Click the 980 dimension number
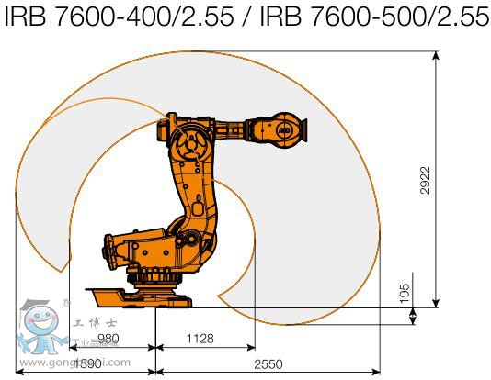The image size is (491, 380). point(109,338)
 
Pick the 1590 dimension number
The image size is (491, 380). point(88,363)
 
